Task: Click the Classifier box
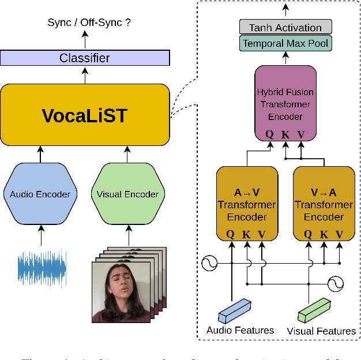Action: click(85, 58)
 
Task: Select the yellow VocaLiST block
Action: click(85, 115)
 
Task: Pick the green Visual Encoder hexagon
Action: click(127, 194)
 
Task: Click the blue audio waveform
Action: click(42, 268)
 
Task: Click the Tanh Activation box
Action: click(285, 27)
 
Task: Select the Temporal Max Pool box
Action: click(285, 43)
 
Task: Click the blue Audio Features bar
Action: click(235, 310)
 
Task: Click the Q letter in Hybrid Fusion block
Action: click(269, 134)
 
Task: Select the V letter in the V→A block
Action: click(340, 234)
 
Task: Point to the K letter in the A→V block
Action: click(247, 234)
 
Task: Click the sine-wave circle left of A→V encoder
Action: click(209, 265)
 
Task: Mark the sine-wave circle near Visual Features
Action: click(336, 283)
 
